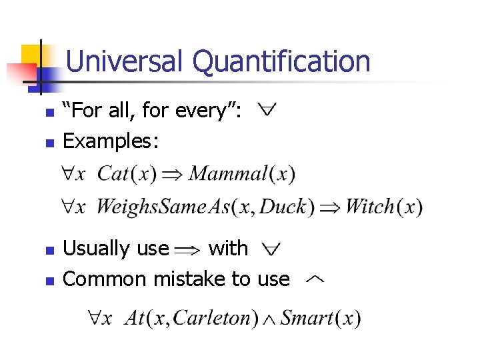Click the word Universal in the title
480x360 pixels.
coord(124,61)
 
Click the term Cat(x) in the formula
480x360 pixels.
coord(127,175)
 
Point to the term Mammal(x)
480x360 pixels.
coord(241,175)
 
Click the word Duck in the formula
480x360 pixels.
coord(282,207)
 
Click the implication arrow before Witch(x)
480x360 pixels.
coord(329,207)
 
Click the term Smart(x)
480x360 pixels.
coord(321,318)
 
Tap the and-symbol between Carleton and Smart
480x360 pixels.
coord(270,319)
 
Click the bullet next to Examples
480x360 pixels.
coord(48,143)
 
